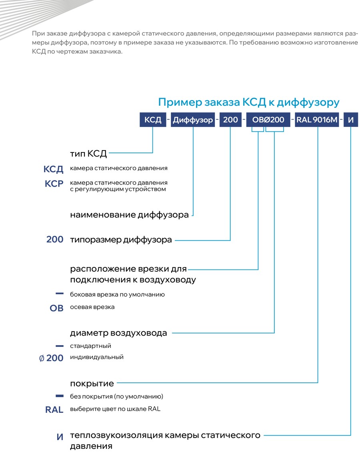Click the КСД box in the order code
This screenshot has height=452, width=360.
153,120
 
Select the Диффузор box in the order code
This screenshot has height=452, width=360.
193,120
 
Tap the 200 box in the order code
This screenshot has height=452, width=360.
230,120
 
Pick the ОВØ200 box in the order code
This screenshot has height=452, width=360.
268,120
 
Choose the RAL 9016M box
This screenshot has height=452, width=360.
317,120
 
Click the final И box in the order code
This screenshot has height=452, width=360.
350,120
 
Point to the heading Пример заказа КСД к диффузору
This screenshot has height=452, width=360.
249,102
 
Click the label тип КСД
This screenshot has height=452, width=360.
88,153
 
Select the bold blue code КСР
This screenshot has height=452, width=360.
54,184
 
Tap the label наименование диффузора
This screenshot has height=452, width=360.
129,215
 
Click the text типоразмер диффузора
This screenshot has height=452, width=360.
121,240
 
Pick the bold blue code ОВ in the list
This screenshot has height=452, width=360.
56,308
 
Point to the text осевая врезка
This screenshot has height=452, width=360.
92,307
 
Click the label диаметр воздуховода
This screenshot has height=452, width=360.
118,333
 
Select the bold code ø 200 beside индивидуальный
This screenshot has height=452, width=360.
51,358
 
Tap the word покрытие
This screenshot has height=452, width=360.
92,384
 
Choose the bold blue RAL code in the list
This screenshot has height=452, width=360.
54,410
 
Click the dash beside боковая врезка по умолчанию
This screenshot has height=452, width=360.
60,293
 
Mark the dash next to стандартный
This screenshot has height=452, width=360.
60,346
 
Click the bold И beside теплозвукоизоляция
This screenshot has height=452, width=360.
60,437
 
